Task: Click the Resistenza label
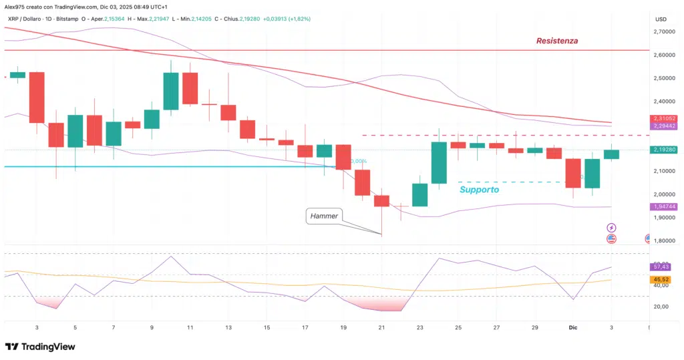[x=557, y=41]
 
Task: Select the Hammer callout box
[x=324, y=216]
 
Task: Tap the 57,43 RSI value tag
[x=660, y=267]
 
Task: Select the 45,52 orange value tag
[x=660, y=279]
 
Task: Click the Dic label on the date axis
[x=573, y=328]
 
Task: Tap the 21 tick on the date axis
[x=381, y=328]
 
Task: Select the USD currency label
[x=661, y=19]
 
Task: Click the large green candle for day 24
[x=439, y=162]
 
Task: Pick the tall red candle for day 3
[x=37, y=98]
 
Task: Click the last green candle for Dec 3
[x=611, y=154]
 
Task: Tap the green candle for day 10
[x=171, y=91]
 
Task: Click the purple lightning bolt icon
[x=611, y=228]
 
